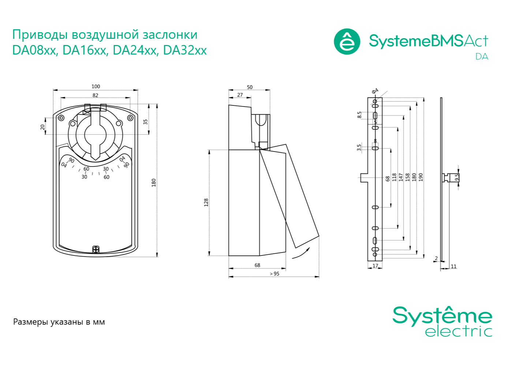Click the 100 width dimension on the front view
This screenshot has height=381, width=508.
click(x=96, y=86)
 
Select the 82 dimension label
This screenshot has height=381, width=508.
click(x=96, y=95)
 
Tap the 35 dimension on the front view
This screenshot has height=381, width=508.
click(x=145, y=122)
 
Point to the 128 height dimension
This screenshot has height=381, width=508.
click(x=206, y=202)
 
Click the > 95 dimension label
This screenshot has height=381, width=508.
click(x=274, y=274)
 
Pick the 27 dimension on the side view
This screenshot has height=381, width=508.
click(x=240, y=95)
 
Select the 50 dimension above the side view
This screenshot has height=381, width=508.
click(x=250, y=87)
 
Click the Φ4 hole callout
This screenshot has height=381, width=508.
click(x=375, y=91)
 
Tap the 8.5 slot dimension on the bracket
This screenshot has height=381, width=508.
click(x=359, y=115)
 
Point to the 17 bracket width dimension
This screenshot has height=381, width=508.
click(x=375, y=266)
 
